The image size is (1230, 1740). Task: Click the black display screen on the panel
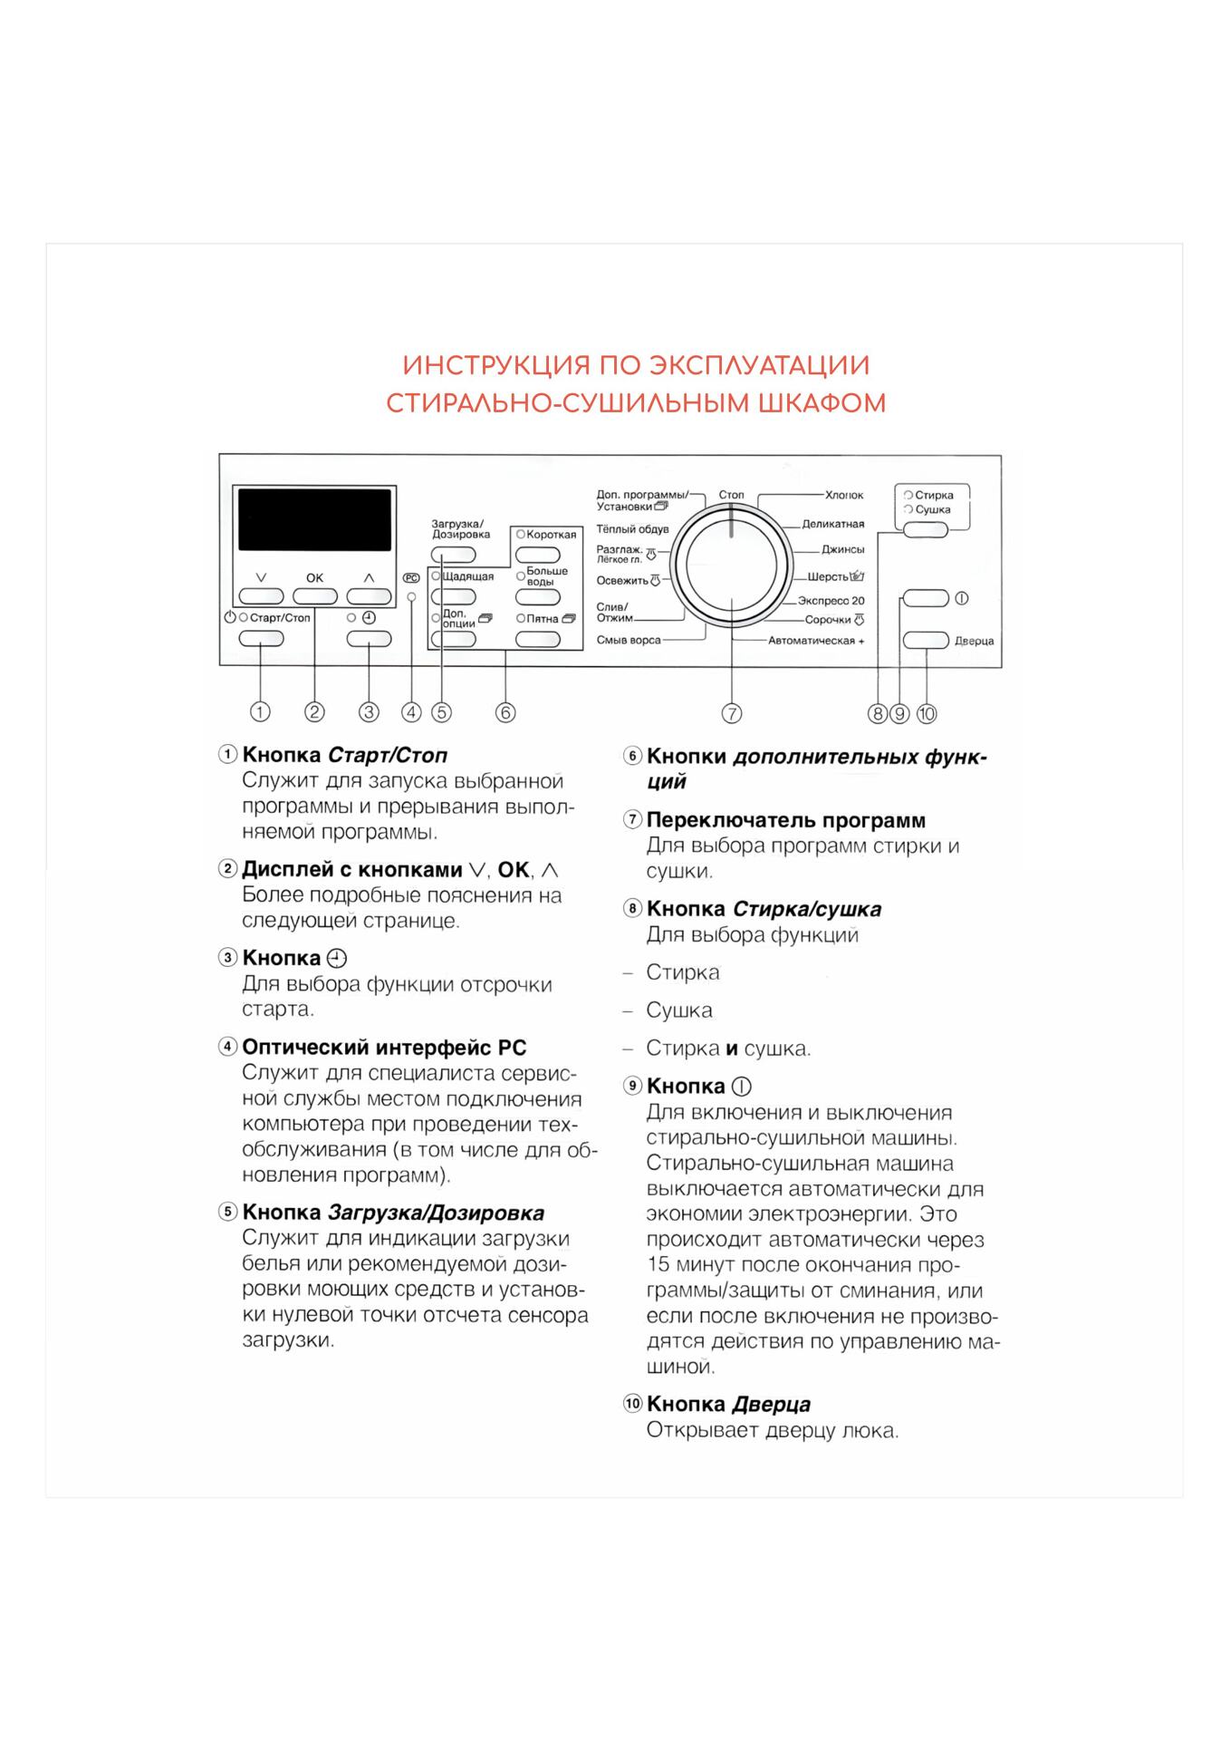tap(314, 519)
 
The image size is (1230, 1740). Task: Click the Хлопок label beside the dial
tap(844, 496)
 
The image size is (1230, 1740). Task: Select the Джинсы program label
tap(843, 549)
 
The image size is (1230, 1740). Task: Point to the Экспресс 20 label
tap(831, 601)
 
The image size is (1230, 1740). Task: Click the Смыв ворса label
tap(629, 640)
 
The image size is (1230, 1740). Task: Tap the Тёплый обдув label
tap(632, 528)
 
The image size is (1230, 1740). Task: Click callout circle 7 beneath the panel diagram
tap(732, 713)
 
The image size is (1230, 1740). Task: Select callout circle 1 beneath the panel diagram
tap(260, 711)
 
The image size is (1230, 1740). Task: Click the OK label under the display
tap(314, 577)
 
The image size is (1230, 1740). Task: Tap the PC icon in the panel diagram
tap(411, 577)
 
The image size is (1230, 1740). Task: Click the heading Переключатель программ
tap(786, 820)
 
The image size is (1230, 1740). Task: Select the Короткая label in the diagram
tap(551, 535)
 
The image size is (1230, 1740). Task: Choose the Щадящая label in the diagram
tap(468, 576)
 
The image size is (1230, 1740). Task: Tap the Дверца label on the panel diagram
tap(974, 641)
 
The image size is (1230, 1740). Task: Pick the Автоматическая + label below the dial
tap(816, 641)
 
